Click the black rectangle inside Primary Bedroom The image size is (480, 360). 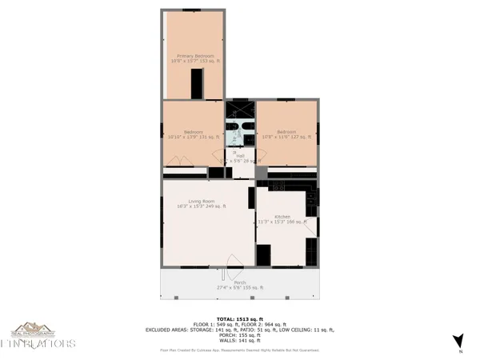[x=196, y=82]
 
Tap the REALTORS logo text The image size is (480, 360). [x=38, y=344]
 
